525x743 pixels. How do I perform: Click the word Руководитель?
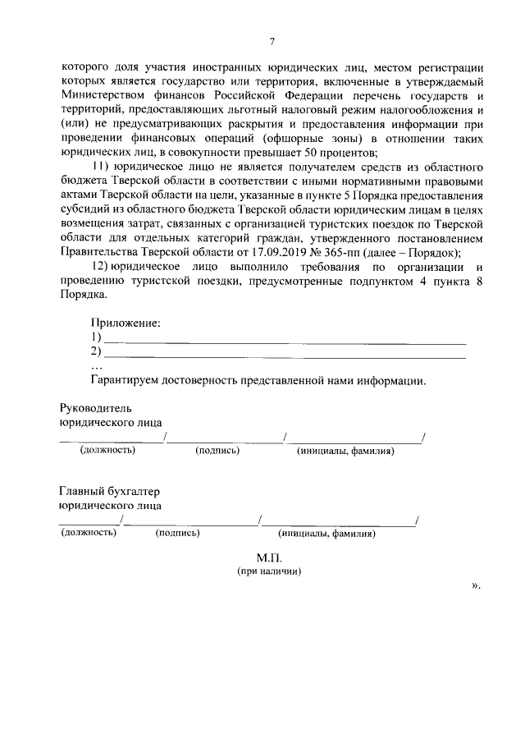pyautogui.click(x=95, y=408)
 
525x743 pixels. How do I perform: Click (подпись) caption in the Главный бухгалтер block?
pyautogui.click(x=177, y=533)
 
